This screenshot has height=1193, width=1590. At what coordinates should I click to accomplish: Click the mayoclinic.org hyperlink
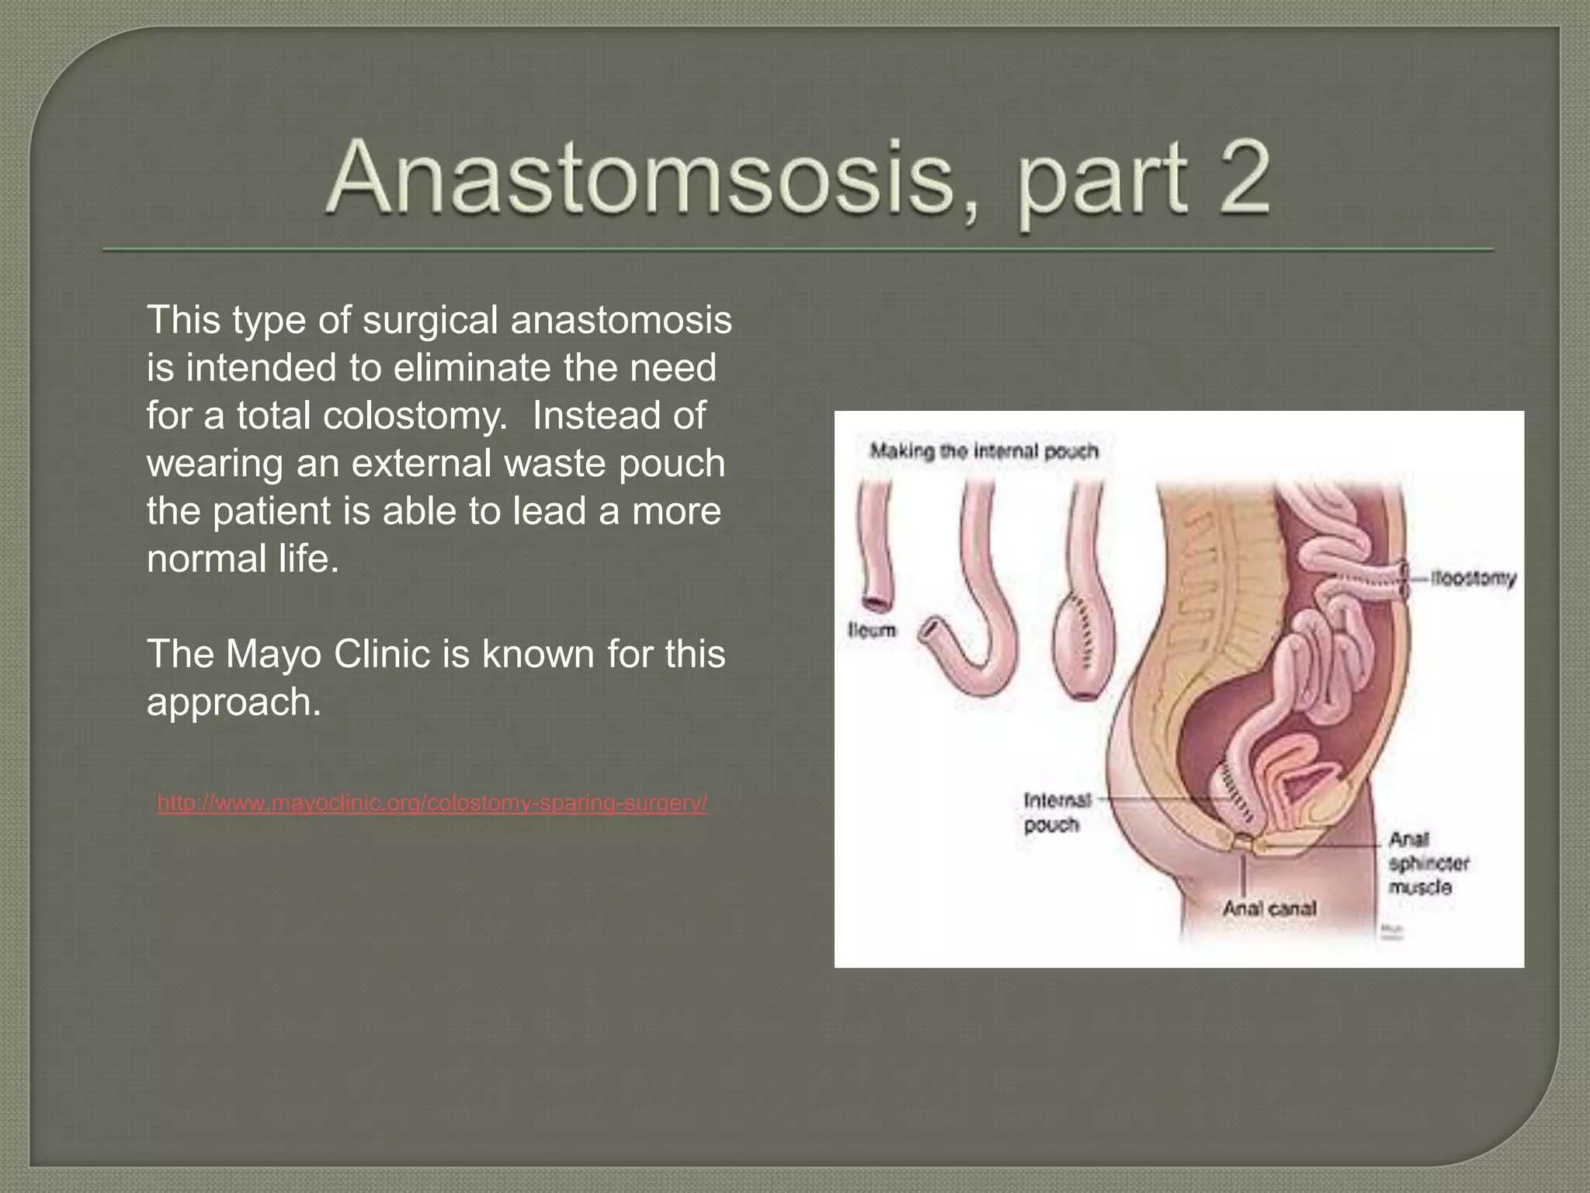tap(432, 802)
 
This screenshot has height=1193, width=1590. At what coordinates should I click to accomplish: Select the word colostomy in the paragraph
tap(414, 416)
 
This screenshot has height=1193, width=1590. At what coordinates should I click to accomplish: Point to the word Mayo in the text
tap(273, 654)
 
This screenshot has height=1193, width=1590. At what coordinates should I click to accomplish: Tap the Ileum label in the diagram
tap(871, 631)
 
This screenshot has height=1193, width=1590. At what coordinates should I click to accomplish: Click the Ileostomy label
tap(1473, 579)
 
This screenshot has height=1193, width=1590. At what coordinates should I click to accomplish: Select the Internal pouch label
tap(1056, 812)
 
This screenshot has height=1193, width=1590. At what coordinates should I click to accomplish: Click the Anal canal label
tap(1269, 908)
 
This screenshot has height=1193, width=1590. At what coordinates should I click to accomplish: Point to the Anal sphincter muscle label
tap(1427, 863)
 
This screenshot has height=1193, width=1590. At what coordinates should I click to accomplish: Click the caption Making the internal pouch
tap(984, 451)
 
